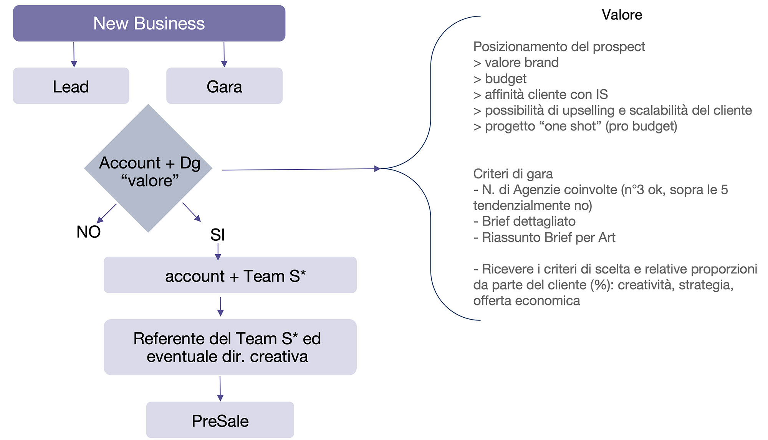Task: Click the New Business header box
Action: pyautogui.click(x=149, y=23)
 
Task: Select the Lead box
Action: pyautogui.click(x=71, y=86)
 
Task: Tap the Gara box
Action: pyautogui.click(x=224, y=86)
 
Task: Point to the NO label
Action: pyautogui.click(x=88, y=232)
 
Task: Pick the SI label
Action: pyautogui.click(x=217, y=235)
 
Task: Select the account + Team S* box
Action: pyautogui.click(x=230, y=275)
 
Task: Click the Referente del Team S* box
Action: pyautogui.click(x=230, y=347)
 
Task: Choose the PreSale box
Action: pyautogui.click(x=220, y=420)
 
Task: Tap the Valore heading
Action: pyautogui.click(x=622, y=15)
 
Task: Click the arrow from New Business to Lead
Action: pyautogui.click(x=74, y=54)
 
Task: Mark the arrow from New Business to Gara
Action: pyautogui.click(x=224, y=54)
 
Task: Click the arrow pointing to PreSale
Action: pyautogui.click(x=220, y=388)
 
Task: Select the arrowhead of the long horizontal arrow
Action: pyautogui.click(x=377, y=168)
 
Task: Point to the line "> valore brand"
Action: pyautogui.click(x=516, y=63)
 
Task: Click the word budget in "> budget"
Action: pyautogui.click(x=505, y=78)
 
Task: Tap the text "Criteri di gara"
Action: pyautogui.click(x=513, y=174)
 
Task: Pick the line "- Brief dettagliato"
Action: pyautogui.click(x=525, y=221)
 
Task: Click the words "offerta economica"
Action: pyautogui.click(x=526, y=301)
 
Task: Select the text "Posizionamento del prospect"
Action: pyautogui.click(x=559, y=47)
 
